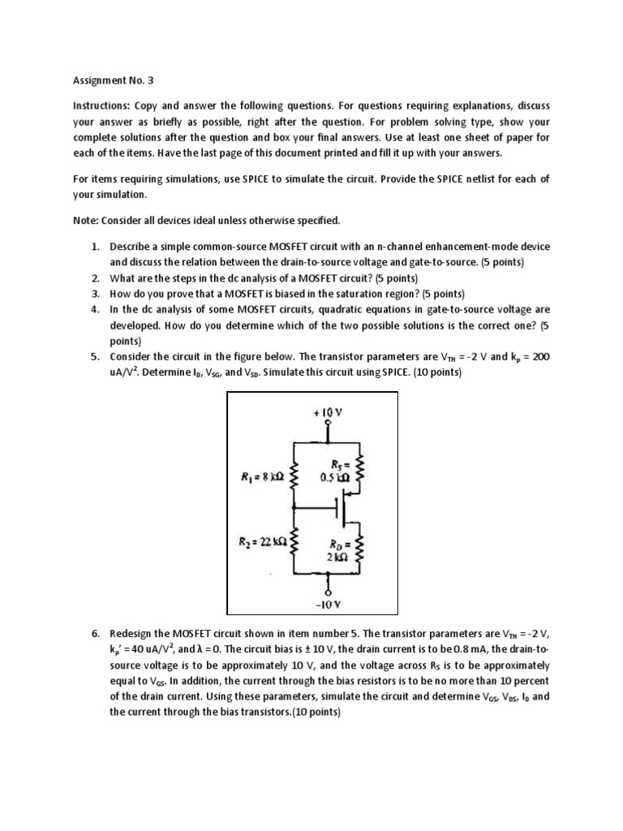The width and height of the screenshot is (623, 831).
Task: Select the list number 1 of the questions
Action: [x=94, y=246]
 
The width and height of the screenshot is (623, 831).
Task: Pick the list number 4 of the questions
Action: [x=94, y=309]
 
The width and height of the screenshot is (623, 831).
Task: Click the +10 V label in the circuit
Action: [x=327, y=411]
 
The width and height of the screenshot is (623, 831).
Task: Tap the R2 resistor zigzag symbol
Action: [x=294, y=541]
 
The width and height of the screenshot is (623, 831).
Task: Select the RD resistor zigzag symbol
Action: [x=362, y=546]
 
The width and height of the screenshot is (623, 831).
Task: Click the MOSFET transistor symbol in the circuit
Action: [x=342, y=510]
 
